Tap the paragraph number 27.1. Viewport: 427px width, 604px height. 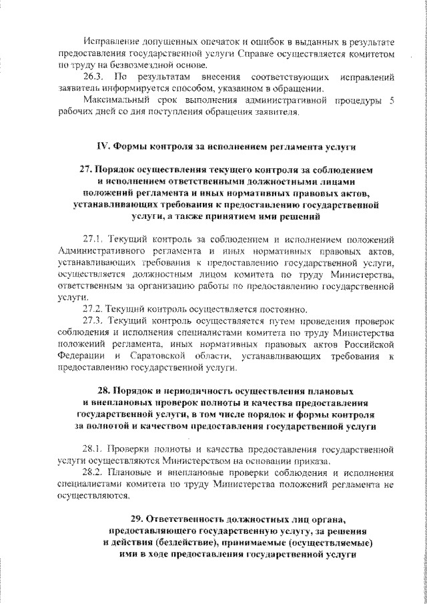tap(93, 238)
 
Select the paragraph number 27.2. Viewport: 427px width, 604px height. tap(93, 309)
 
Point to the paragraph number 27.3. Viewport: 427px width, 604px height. tap(93, 321)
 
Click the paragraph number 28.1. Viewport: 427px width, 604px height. tap(93, 449)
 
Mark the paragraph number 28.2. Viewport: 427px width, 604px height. tap(93, 473)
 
